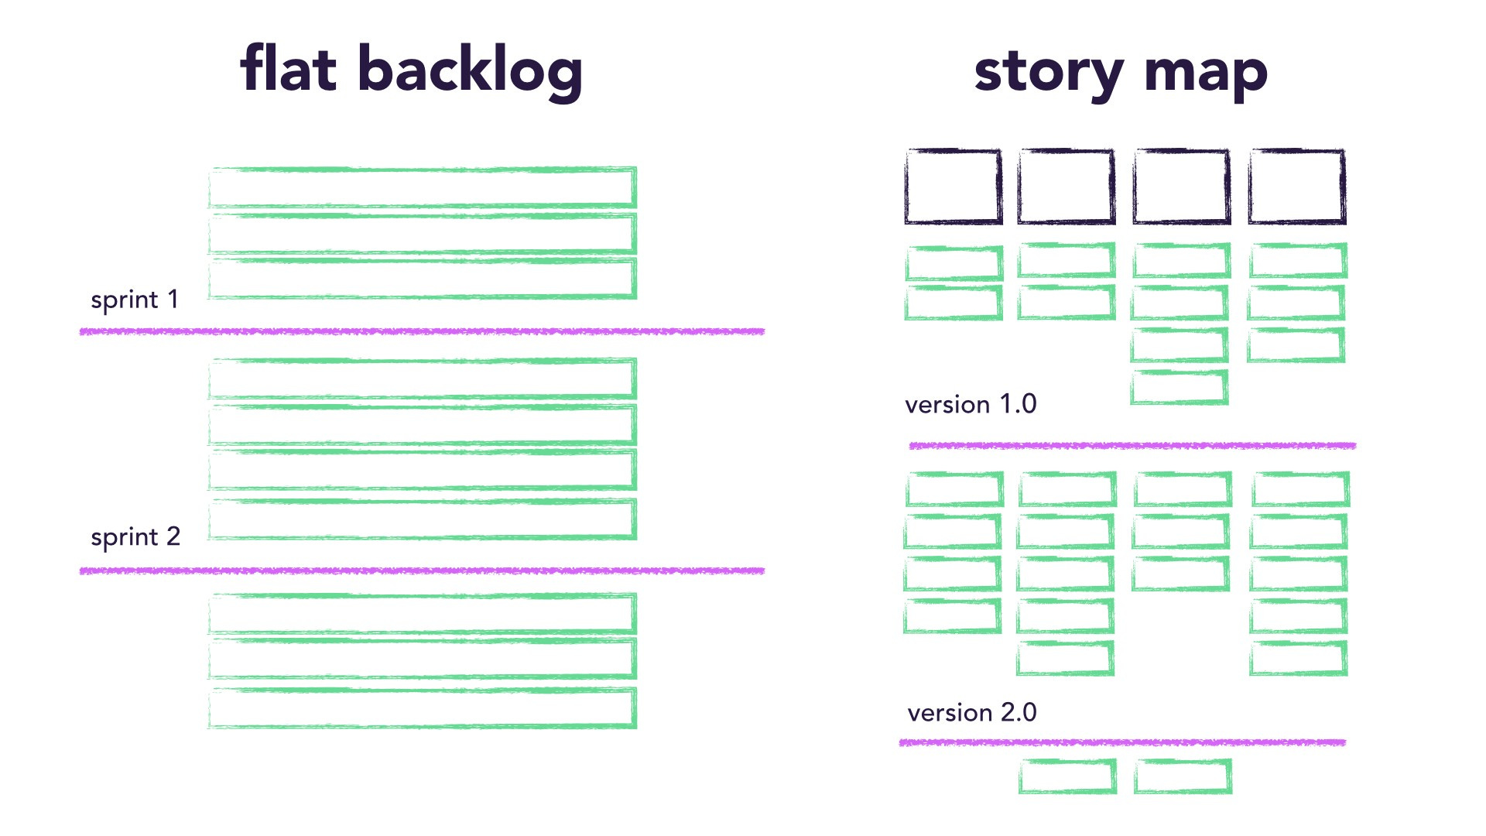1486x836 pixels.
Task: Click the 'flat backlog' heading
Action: tap(411, 70)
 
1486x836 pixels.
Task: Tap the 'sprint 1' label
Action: tap(135, 300)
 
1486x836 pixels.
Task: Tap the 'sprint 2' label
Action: tap(135, 536)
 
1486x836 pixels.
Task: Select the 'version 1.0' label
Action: tap(971, 404)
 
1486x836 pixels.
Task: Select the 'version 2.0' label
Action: tap(972, 712)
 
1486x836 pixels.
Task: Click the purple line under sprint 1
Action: tap(422, 331)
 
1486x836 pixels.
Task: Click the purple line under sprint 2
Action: tap(422, 570)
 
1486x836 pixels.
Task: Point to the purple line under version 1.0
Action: tap(1132, 446)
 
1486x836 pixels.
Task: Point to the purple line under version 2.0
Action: tap(1122, 742)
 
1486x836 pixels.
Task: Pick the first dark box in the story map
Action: tap(954, 187)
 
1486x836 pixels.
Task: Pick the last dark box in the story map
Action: tap(1297, 187)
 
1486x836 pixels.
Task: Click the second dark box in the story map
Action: tap(1067, 187)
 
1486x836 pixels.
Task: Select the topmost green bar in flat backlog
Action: tap(423, 187)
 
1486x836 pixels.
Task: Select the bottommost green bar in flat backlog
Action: tap(423, 708)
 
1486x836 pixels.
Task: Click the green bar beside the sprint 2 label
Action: tap(423, 519)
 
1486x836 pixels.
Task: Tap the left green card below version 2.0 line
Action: tap(1067, 776)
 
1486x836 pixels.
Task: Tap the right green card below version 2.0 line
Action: tap(1183, 776)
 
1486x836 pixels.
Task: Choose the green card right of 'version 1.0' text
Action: tap(1179, 387)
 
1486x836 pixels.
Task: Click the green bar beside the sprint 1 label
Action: tap(423, 279)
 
